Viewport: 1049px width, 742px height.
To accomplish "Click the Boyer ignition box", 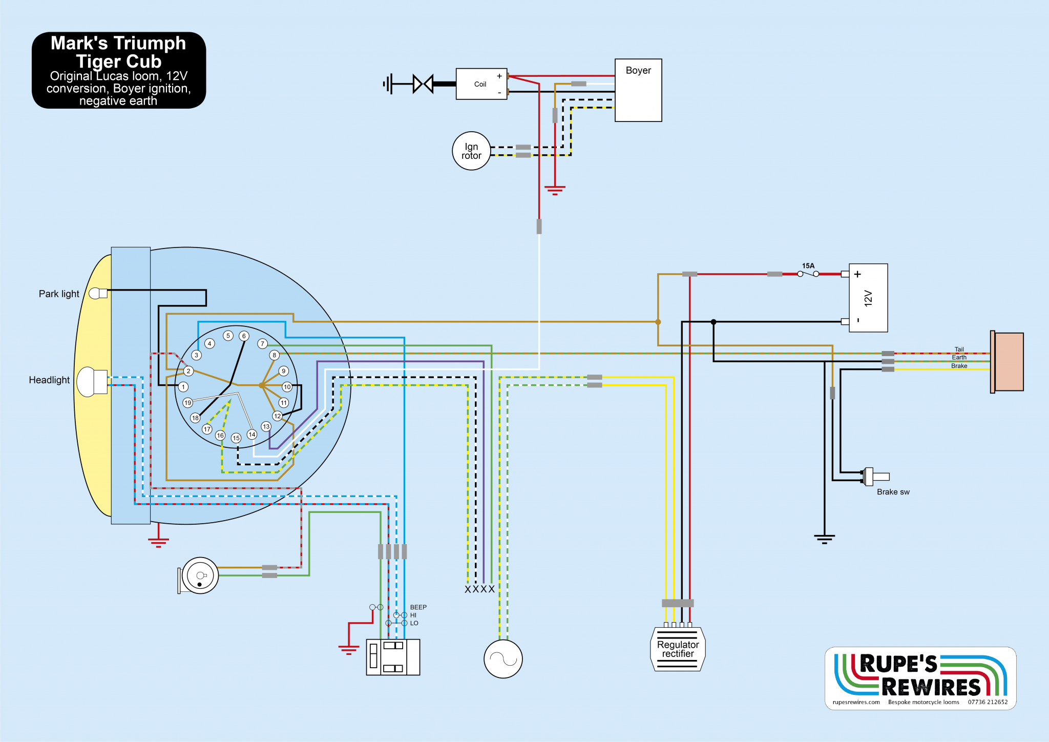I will [638, 90].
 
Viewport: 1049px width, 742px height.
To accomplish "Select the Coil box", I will [481, 84].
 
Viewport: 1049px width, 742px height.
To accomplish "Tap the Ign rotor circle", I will [471, 151].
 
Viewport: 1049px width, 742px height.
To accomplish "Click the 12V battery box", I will [868, 298].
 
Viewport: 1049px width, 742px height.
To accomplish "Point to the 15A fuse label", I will [808, 266].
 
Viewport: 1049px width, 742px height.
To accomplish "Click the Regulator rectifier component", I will [678, 649].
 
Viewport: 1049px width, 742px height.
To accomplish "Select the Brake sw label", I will [893, 492].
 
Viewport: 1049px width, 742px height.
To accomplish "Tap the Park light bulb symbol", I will [97, 294].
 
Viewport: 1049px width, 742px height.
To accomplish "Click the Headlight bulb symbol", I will [92, 382].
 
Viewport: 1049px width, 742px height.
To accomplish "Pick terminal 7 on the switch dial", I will [262, 344].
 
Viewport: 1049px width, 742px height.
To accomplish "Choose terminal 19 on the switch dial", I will [188, 403].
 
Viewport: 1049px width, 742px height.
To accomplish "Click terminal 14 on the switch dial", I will [252, 435].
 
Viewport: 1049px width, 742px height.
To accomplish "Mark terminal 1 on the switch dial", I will [183, 387].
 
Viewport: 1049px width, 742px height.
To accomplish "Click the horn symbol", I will [200, 575].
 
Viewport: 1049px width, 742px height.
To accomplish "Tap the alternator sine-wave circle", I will [503, 659].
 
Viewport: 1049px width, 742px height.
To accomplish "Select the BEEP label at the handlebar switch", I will [418, 607].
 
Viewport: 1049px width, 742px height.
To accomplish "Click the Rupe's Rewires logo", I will [920, 678].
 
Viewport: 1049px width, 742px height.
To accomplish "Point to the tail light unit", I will [1008, 362].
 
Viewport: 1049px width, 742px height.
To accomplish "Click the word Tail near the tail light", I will [959, 349].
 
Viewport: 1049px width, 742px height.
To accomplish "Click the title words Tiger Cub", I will [119, 61].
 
